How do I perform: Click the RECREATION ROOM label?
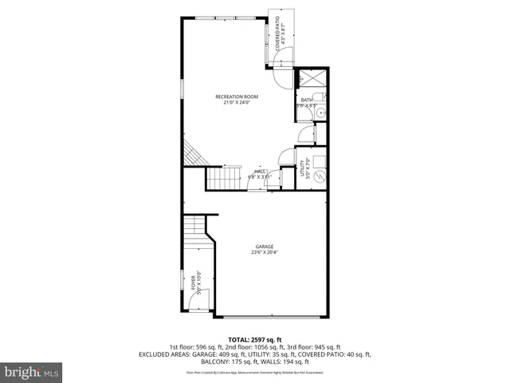point(237,97)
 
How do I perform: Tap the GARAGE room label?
point(265,246)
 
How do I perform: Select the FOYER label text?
point(193,282)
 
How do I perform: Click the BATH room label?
point(306,100)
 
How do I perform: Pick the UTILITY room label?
point(303,168)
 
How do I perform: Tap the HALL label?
point(260,171)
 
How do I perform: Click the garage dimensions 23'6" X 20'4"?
point(265,253)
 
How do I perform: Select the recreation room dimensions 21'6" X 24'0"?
point(237,103)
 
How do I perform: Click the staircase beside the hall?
point(224,179)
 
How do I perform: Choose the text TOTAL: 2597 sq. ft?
point(255,339)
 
